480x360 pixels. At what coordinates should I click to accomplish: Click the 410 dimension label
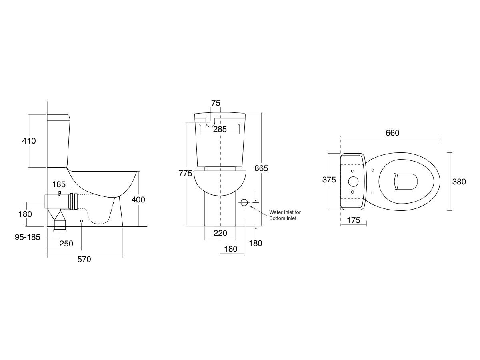click(29, 141)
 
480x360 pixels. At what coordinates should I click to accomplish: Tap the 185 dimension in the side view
click(59, 184)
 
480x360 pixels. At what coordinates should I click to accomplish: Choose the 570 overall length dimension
click(84, 260)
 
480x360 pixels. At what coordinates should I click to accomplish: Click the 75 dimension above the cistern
click(216, 103)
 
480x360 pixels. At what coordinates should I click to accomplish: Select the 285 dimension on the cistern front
click(220, 129)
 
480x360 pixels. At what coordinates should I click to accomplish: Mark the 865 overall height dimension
click(261, 168)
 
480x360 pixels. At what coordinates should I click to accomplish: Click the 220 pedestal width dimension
click(220, 233)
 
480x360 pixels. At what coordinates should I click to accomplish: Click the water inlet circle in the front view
click(244, 203)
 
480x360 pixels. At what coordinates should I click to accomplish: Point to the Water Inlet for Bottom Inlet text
click(285, 215)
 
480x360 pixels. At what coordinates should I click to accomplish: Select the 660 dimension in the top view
click(392, 133)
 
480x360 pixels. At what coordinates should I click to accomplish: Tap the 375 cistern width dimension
click(329, 180)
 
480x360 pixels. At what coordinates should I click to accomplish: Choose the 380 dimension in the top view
click(459, 182)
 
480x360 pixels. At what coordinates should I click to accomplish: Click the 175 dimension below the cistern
click(354, 220)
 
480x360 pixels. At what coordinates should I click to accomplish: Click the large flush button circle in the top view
click(353, 181)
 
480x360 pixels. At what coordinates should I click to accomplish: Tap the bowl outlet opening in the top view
click(405, 181)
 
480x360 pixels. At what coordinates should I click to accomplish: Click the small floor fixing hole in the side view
click(82, 221)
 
